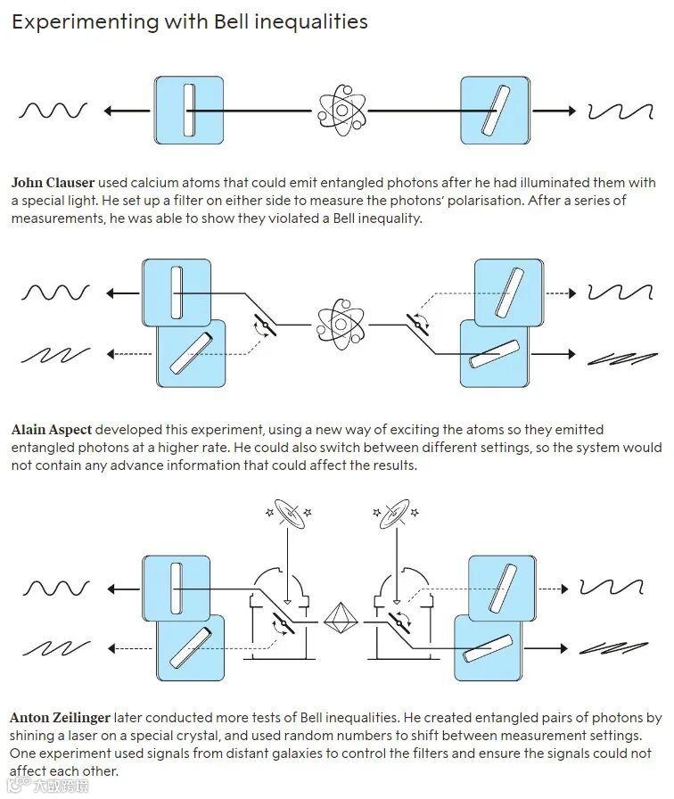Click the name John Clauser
point(53,183)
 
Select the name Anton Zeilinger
point(62,718)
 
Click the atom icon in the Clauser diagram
point(341,111)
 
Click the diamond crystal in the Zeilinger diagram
point(339,616)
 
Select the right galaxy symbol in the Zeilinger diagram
point(395,514)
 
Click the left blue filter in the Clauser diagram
point(188,111)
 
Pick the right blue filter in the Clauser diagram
point(495,111)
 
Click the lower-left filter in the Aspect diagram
point(191,353)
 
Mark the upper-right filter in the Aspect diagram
point(508,291)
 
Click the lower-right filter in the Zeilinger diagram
point(491,649)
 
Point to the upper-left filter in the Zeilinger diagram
point(176,588)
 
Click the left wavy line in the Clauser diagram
point(53,111)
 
